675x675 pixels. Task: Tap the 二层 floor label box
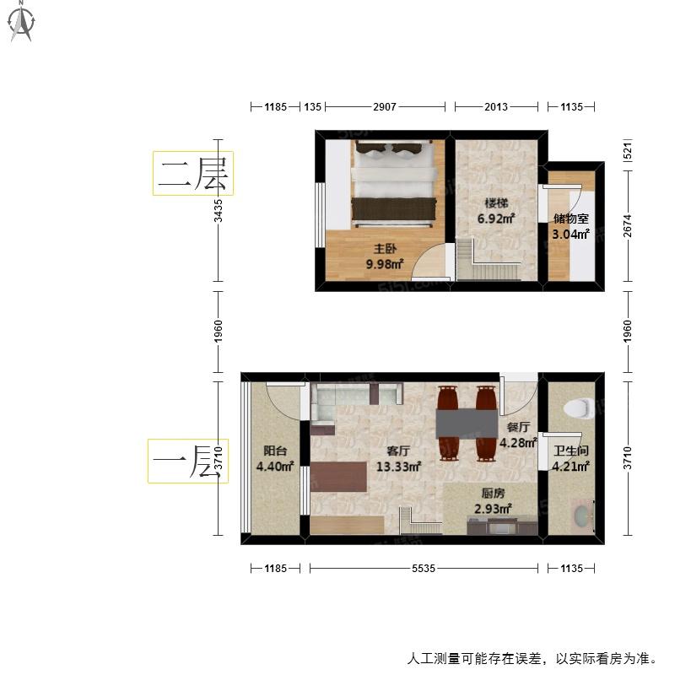click(193, 173)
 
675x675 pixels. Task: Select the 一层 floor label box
click(187, 461)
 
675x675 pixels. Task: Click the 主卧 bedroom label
click(385, 248)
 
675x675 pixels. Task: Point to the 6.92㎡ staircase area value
click(496, 219)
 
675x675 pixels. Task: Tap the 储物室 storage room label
click(571, 219)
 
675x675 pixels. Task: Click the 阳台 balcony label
click(275, 451)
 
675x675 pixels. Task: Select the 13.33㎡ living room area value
click(398, 467)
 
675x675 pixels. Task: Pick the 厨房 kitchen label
click(493, 493)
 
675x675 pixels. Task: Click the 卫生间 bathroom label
click(571, 451)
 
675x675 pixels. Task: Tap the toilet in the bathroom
click(579, 408)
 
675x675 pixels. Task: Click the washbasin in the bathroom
click(582, 516)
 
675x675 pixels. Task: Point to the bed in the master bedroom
click(394, 183)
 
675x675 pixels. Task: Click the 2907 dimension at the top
click(385, 107)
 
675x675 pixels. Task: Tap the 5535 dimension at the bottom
click(424, 568)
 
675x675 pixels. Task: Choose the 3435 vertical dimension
click(219, 210)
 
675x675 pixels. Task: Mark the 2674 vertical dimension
click(628, 225)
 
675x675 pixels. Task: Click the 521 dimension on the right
click(628, 151)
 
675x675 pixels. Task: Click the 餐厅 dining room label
click(518, 427)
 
